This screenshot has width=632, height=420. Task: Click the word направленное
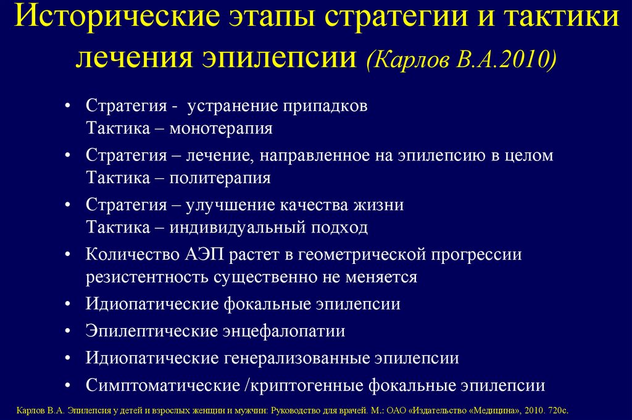317,155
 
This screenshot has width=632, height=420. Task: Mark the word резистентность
148,277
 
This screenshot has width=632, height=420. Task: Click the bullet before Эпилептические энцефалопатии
68,331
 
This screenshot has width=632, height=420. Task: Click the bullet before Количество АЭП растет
68,253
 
